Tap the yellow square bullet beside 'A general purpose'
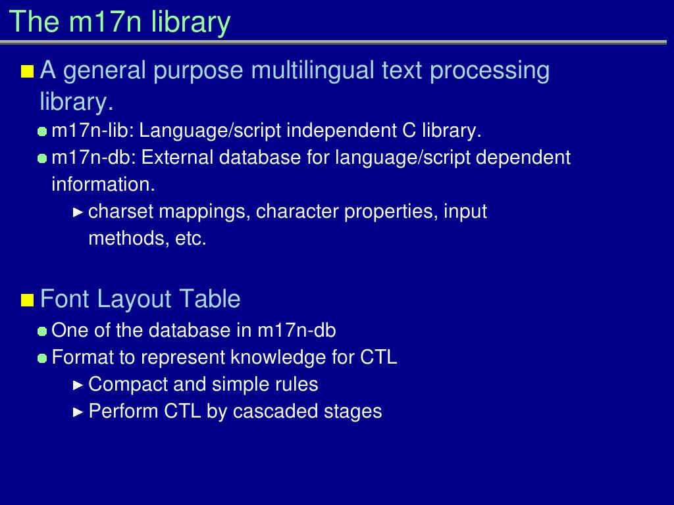click(x=28, y=71)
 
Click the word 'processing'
click(x=490, y=71)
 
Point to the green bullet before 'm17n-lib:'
click(x=42, y=132)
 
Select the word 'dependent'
click(x=523, y=158)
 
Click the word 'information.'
click(x=103, y=185)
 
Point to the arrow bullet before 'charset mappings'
click(x=78, y=212)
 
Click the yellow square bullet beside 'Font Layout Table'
click(x=28, y=300)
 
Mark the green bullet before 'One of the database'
click(x=42, y=331)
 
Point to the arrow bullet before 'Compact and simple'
click(x=78, y=385)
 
